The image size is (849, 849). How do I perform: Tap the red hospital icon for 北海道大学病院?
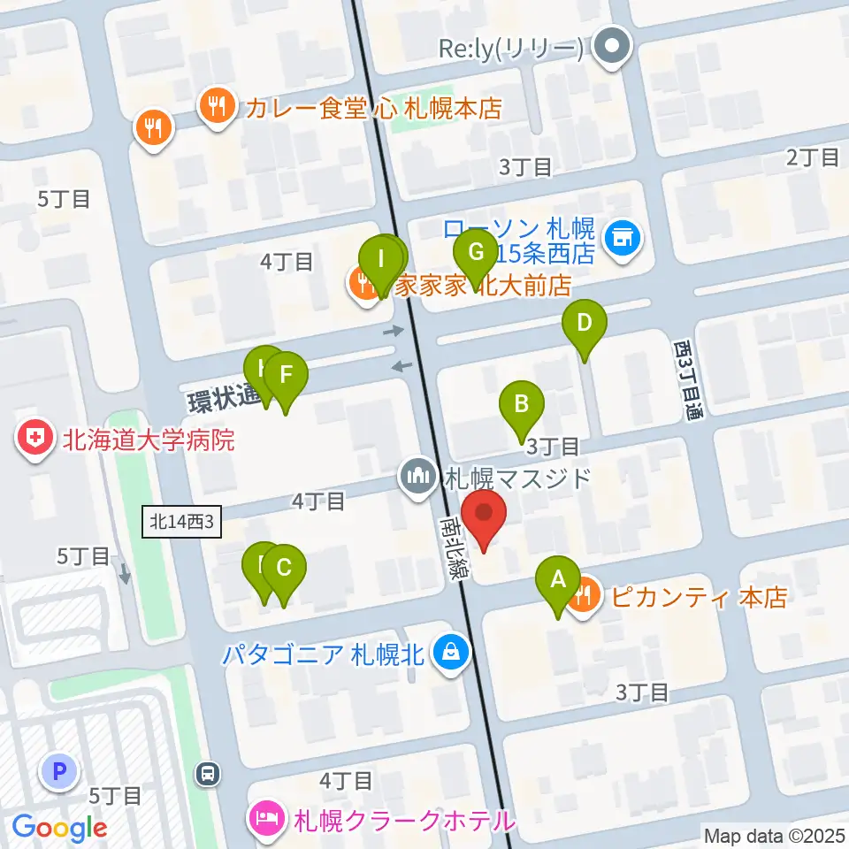[35, 440]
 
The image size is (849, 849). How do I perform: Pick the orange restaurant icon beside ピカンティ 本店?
[584, 597]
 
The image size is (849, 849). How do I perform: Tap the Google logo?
[59, 828]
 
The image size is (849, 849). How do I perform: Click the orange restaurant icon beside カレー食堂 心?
[215, 108]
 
